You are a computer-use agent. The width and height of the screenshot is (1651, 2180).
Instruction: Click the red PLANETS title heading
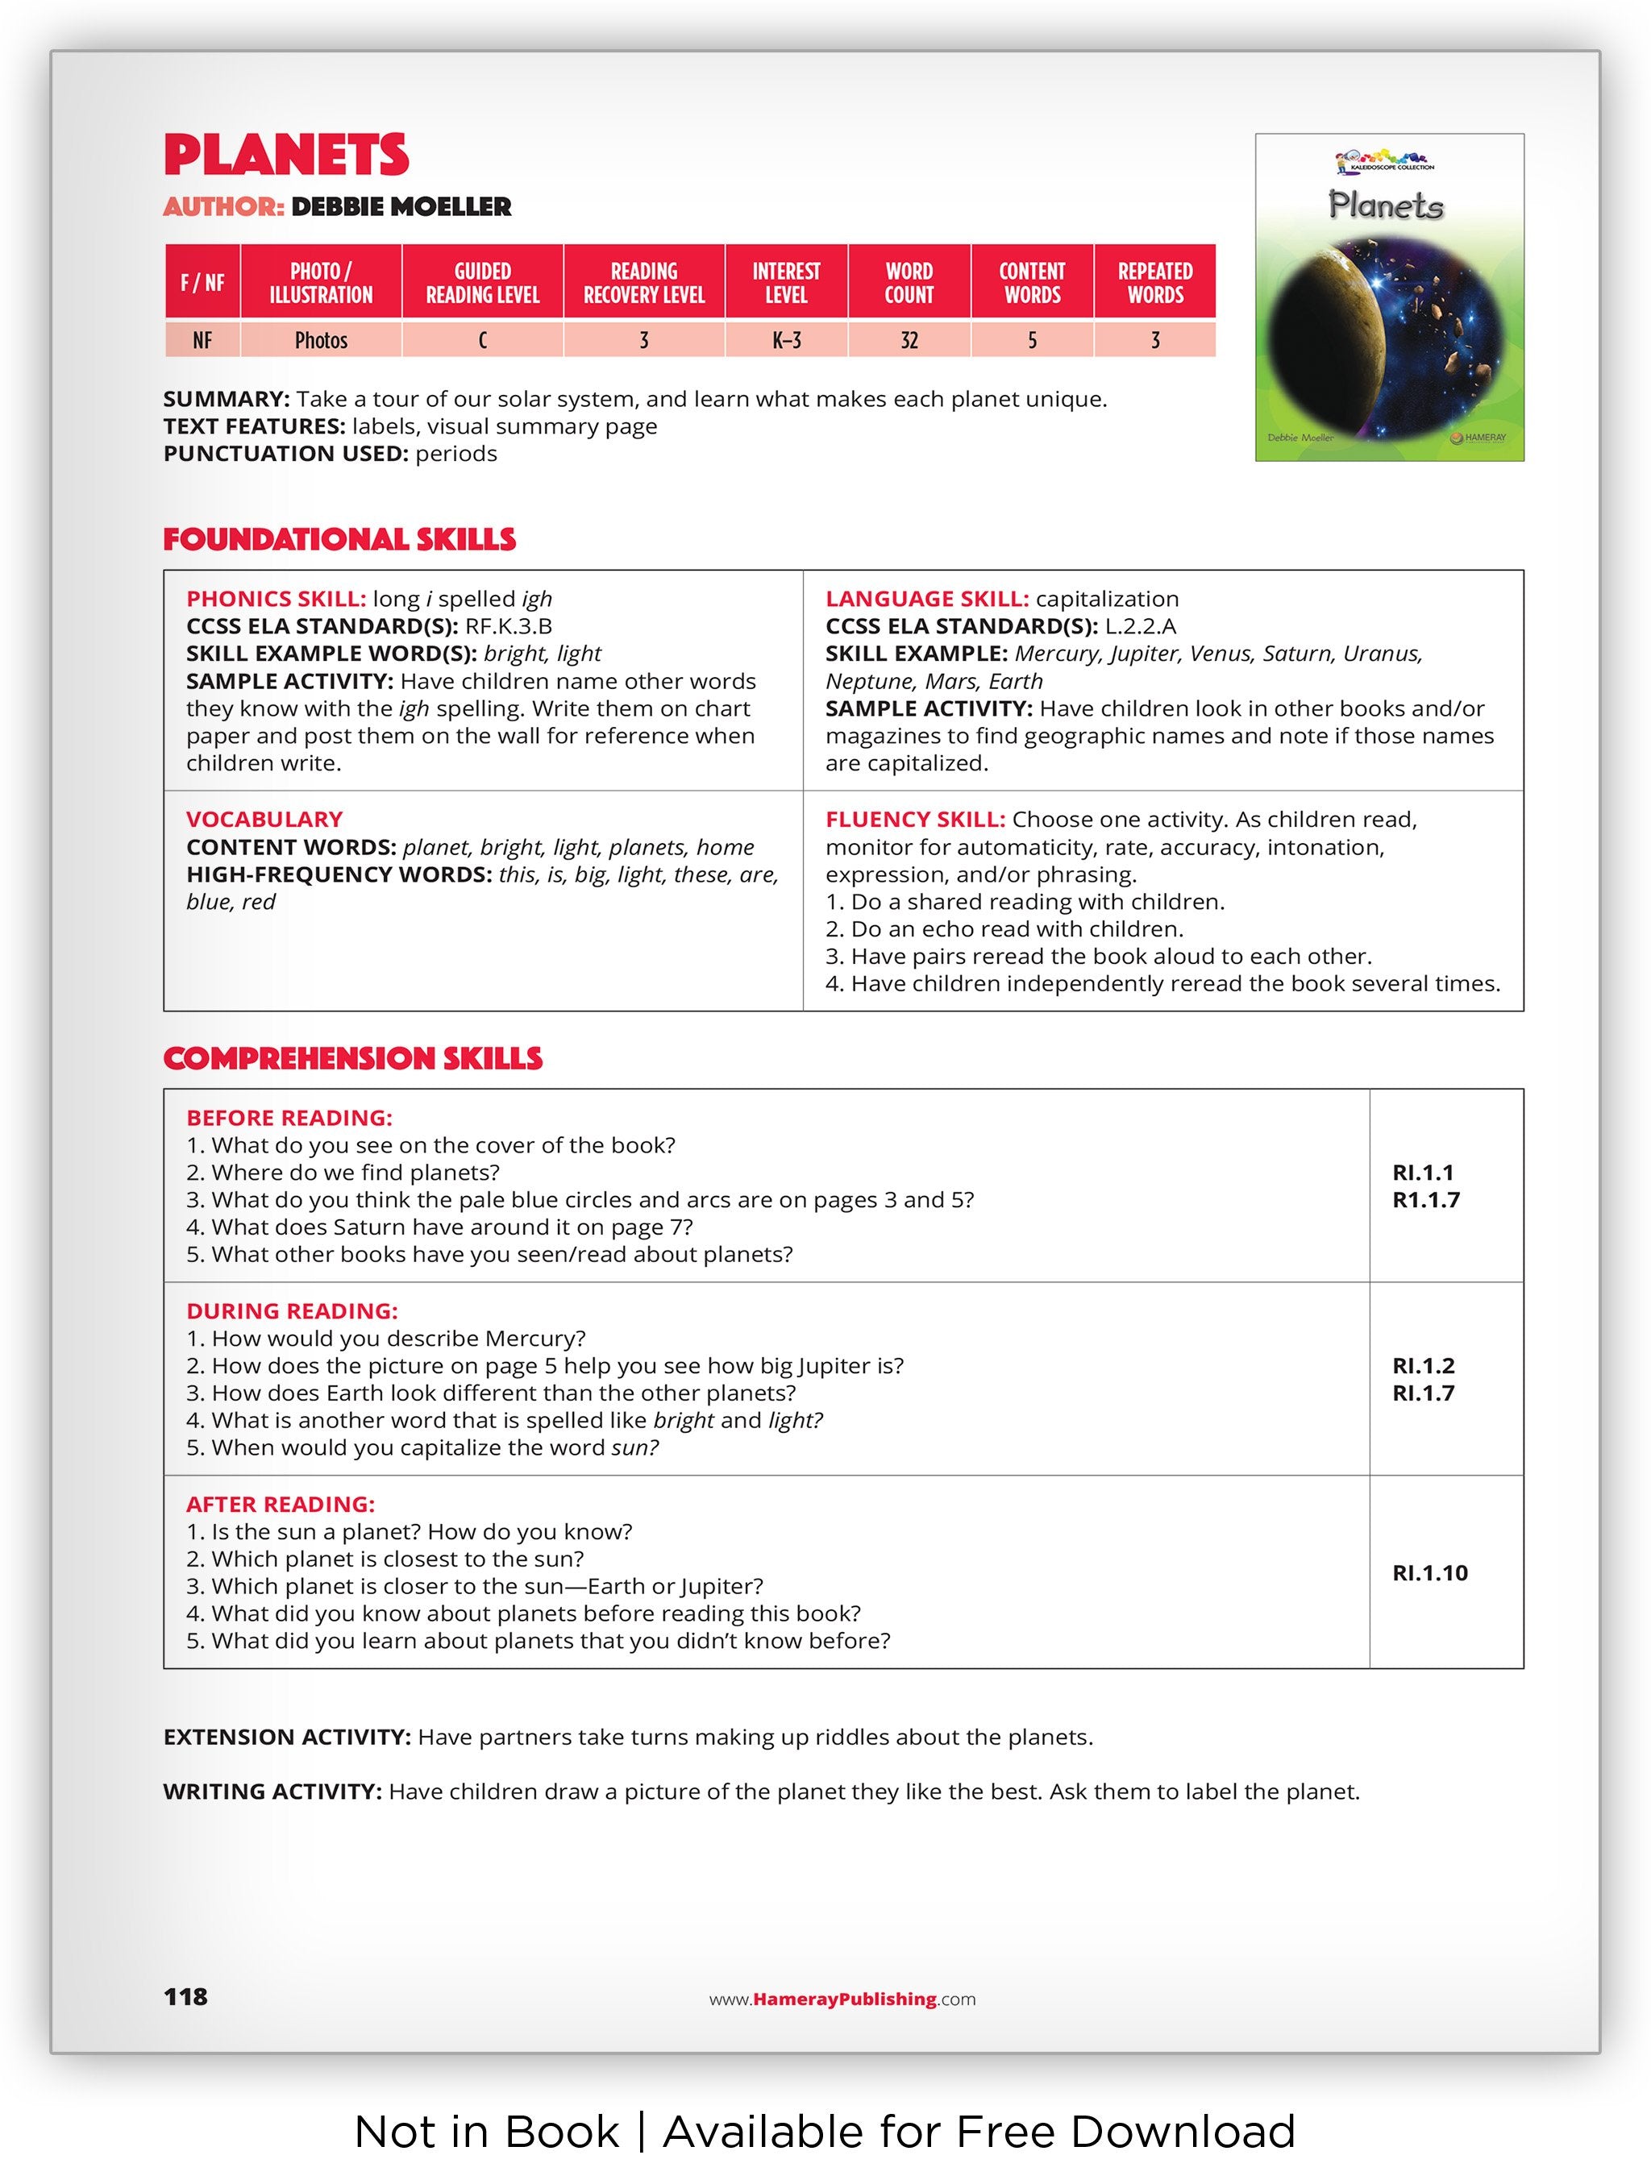(x=286, y=155)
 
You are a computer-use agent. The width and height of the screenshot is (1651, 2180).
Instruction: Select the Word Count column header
(x=908, y=283)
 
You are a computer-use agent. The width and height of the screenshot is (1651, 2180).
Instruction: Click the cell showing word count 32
(x=908, y=341)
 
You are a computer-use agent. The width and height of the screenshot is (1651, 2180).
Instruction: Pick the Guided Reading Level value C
(x=482, y=341)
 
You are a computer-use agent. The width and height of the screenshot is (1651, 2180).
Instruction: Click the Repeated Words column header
(x=1154, y=283)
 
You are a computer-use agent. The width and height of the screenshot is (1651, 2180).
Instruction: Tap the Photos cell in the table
(x=322, y=341)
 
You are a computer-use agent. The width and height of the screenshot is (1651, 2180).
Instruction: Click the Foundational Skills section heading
(x=339, y=539)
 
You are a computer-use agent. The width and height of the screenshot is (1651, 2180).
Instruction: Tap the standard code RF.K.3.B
(x=509, y=627)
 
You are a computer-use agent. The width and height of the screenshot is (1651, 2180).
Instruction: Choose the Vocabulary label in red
(x=264, y=820)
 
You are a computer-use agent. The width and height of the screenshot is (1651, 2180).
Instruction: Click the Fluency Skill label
(x=915, y=820)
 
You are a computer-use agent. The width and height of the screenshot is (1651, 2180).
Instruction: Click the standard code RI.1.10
(x=1429, y=1573)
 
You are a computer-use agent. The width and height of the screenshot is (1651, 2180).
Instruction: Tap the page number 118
(x=185, y=1997)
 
